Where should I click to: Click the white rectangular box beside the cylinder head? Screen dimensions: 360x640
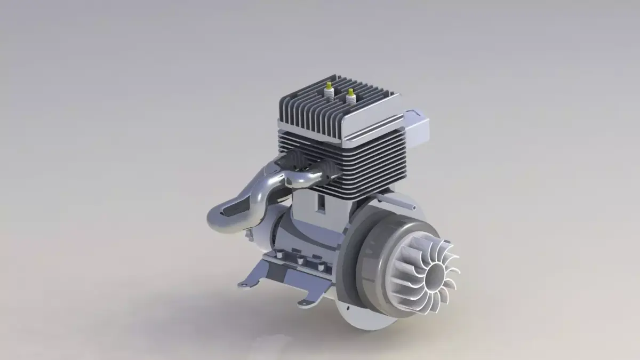pos(419,125)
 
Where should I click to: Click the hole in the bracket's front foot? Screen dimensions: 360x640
pos(303,304)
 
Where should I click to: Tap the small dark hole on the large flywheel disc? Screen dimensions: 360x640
pos(348,308)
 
